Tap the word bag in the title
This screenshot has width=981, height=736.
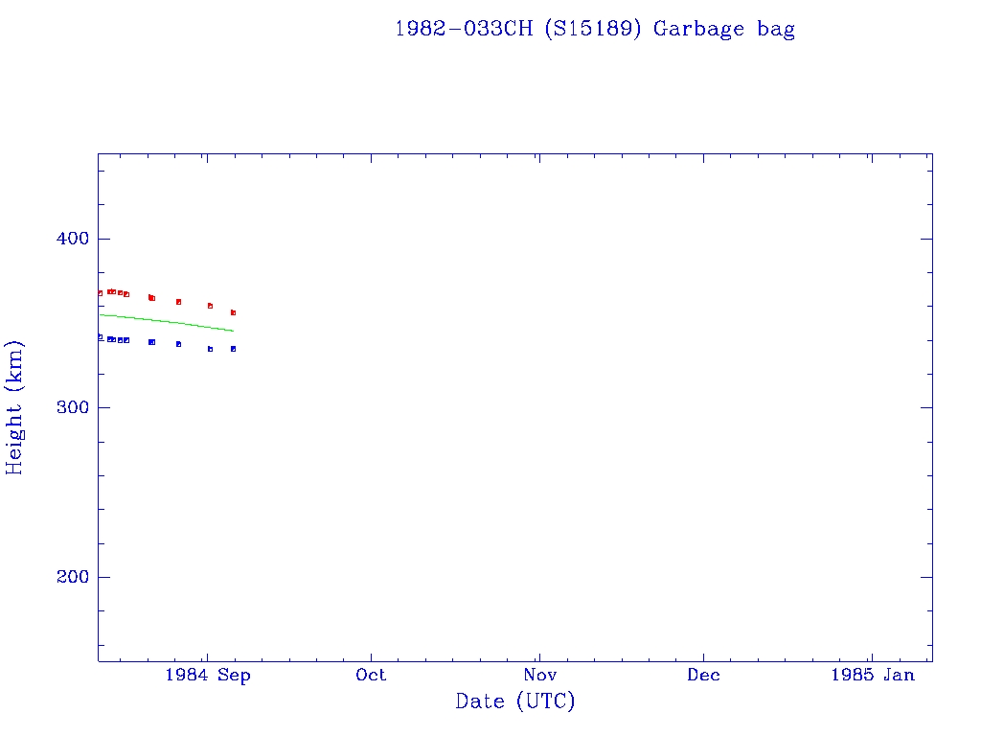(x=774, y=29)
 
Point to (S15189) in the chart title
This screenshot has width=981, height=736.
(x=594, y=29)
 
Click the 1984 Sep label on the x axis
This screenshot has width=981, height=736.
(x=208, y=675)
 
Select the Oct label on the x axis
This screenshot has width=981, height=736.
(x=371, y=675)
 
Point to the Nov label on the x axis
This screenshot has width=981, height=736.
(x=539, y=675)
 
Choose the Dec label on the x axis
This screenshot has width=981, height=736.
(x=704, y=675)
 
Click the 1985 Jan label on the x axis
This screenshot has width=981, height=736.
(x=873, y=675)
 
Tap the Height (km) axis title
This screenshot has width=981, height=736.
(x=15, y=407)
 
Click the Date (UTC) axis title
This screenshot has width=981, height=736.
(x=515, y=702)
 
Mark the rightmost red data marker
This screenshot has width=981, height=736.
(x=233, y=312)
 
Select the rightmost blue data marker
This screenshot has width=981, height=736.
(x=233, y=349)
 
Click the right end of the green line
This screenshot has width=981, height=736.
(x=233, y=331)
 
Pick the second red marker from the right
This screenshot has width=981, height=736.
(x=210, y=306)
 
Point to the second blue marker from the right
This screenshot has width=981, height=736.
(x=210, y=349)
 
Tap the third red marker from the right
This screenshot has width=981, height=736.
(x=178, y=302)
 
